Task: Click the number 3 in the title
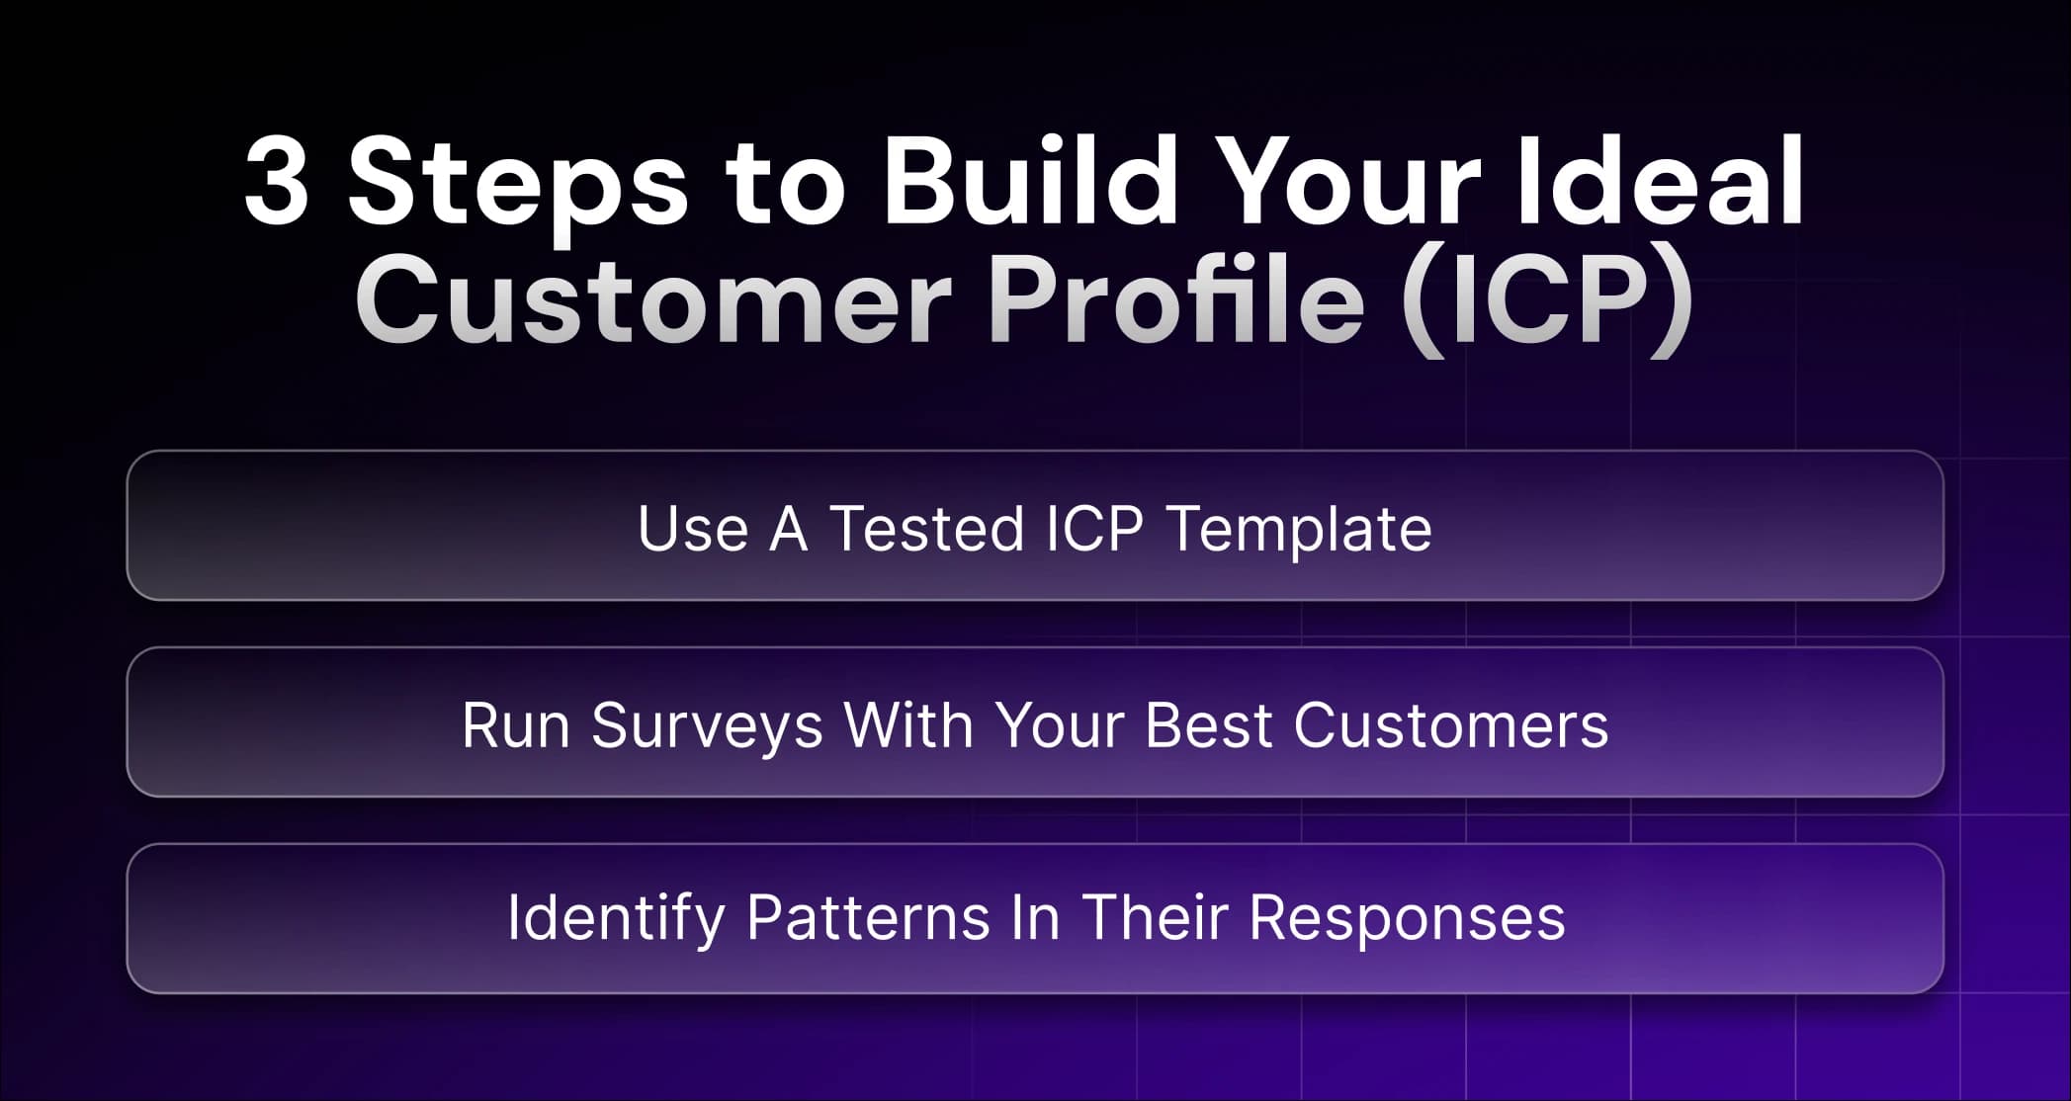[x=276, y=181]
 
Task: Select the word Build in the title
[x=1030, y=179]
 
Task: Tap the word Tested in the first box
[x=926, y=529]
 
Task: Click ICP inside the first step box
[x=1095, y=529]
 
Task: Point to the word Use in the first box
[x=693, y=529]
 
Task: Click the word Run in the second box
[x=516, y=726]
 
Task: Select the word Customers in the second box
[x=1451, y=726]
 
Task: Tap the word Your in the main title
[x=1345, y=179]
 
